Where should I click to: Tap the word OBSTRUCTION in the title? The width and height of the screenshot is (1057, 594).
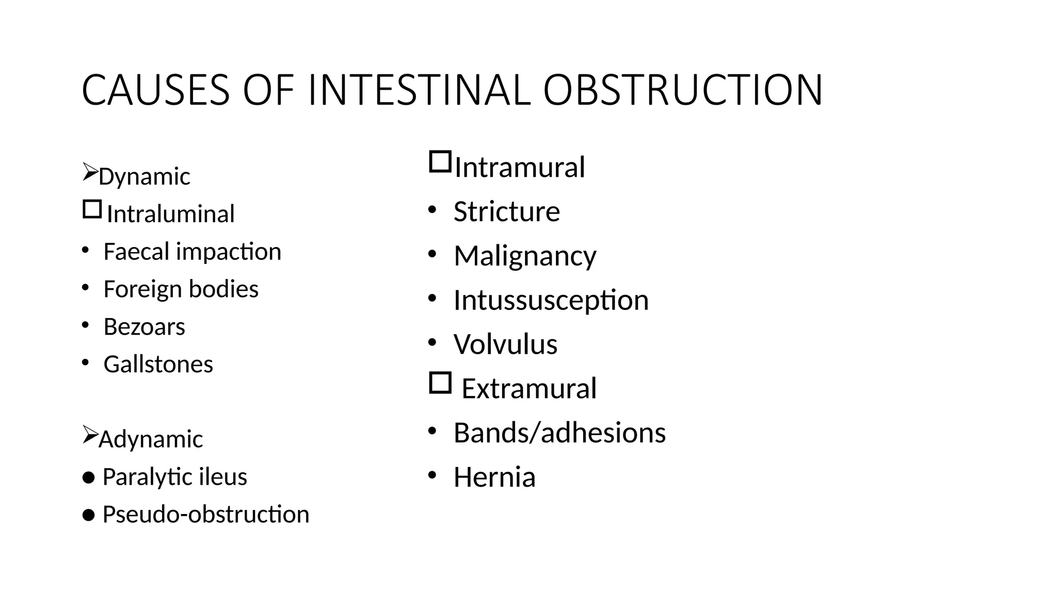click(x=683, y=91)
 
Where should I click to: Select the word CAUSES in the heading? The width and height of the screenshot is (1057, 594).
click(x=155, y=91)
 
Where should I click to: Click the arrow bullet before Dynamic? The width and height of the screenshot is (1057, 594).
click(x=90, y=172)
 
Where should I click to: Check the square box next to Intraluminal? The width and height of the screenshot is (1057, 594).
click(x=92, y=209)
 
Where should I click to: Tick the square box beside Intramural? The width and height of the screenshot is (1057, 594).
click(x=440, y=162)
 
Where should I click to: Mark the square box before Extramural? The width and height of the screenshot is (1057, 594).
click(x=440, y=383)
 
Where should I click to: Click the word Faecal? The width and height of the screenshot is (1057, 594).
click(x=136, y=252)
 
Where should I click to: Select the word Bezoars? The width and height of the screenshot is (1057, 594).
click(x=144, y=327)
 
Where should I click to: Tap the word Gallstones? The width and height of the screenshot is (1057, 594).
click(x=158, y=365)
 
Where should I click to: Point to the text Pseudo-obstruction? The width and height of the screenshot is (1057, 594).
click(x=205, y=515)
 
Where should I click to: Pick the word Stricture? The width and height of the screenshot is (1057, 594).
click(x=506, y=211)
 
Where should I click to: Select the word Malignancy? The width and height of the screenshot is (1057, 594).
click(x=525, y=256)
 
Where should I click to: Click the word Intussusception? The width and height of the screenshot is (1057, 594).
click(x=551, y=301)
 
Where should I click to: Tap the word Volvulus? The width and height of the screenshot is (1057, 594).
click(x=505, y=344)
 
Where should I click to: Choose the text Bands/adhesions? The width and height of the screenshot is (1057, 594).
click(x=559, y=433)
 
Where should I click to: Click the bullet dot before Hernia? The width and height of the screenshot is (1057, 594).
click(x=433, y=475)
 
